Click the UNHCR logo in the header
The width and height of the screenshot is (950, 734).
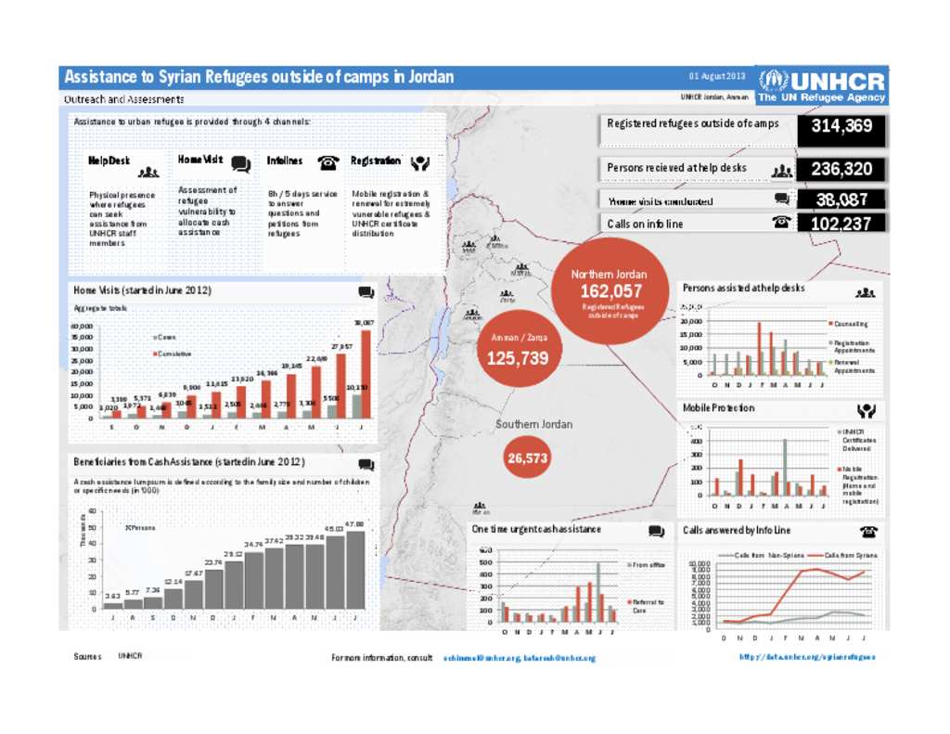coord(822,84)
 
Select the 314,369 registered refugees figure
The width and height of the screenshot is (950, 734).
coord(841,126)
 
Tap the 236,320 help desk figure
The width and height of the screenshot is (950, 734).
coord(841,169)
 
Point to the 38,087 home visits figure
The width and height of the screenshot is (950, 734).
coord(841,199)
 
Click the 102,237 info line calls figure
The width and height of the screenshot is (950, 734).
coord(841,223)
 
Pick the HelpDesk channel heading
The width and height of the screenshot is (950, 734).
coord(109,161)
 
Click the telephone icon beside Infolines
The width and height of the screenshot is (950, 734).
coord(327,161)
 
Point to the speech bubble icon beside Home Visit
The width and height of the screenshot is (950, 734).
coord(240,163)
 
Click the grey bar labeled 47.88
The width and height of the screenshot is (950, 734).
coord(355,571)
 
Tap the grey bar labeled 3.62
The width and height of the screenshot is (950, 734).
coord(112,606)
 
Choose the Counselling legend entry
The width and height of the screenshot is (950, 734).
coord(853,324)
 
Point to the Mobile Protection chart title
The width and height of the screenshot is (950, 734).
coord(719,408)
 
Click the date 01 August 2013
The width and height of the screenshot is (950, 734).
coord(716,76)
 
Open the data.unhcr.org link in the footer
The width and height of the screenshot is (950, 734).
coord(807,656)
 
